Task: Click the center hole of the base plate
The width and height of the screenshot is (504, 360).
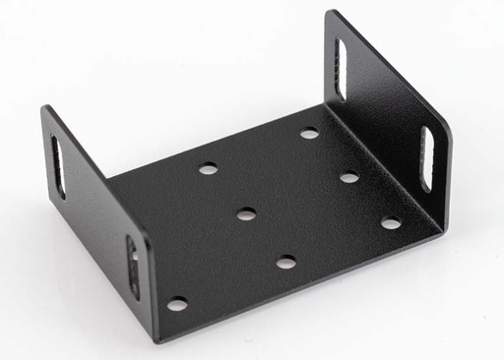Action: click(x=246, y=213)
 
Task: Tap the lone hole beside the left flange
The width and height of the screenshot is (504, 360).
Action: click(x=177, y=304)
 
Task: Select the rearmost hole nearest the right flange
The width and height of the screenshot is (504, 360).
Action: click(x=309, y=133)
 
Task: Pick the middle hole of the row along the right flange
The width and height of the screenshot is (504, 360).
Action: click(x=348, y=178)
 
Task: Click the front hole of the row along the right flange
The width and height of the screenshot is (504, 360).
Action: click(x=391, y=223)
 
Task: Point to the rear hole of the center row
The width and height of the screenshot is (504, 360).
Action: click(x=208, y=169)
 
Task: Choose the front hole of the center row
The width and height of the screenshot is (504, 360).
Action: click(x=285, y=263)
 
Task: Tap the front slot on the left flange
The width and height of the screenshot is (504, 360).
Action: click(x=133, y=267)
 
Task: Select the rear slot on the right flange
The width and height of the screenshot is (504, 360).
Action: click(x=341, y=69)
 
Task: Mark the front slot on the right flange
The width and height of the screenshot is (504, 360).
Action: click(x=427, y=157)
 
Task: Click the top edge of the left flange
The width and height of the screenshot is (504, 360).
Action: click(x=94, y=167)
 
